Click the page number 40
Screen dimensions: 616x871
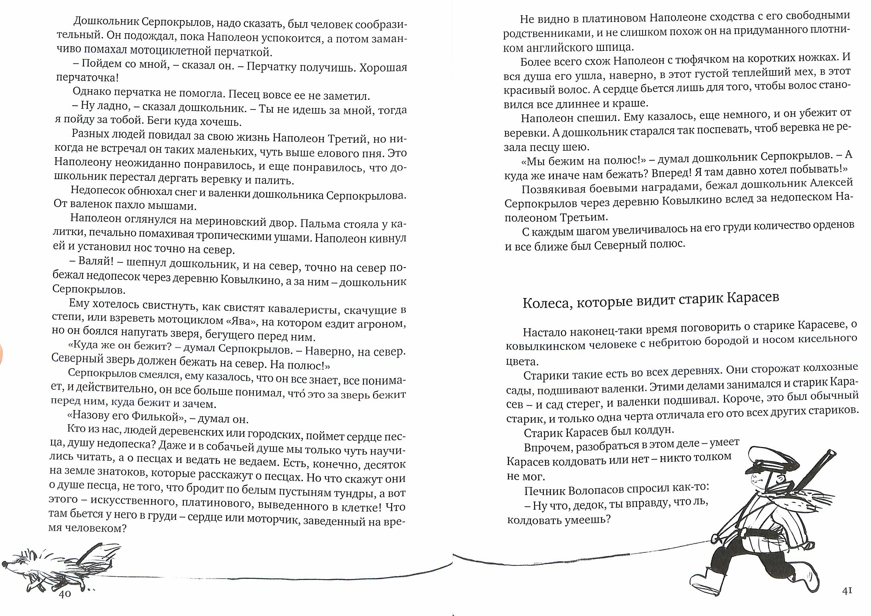(65, 594)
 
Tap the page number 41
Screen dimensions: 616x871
(847, 591)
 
